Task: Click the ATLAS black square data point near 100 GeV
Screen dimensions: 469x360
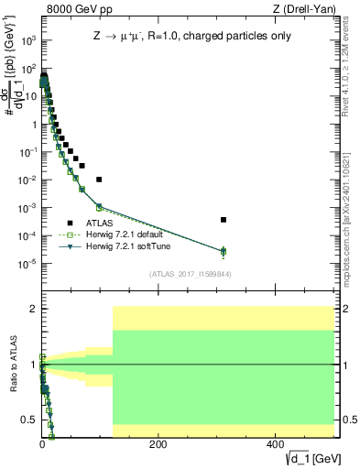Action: [99, 180]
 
